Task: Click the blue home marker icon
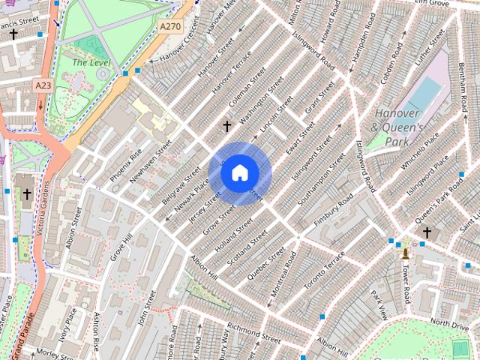pyautogui.click(x=239, y=173)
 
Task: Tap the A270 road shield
pyautogui.click(x=169, y=25)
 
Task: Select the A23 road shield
pyautogui.click(x=44, y=86)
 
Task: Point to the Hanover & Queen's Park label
pyautogui.click(x=397, y=127)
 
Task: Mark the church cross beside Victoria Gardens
pyautogui.click(x=27, y=195)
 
